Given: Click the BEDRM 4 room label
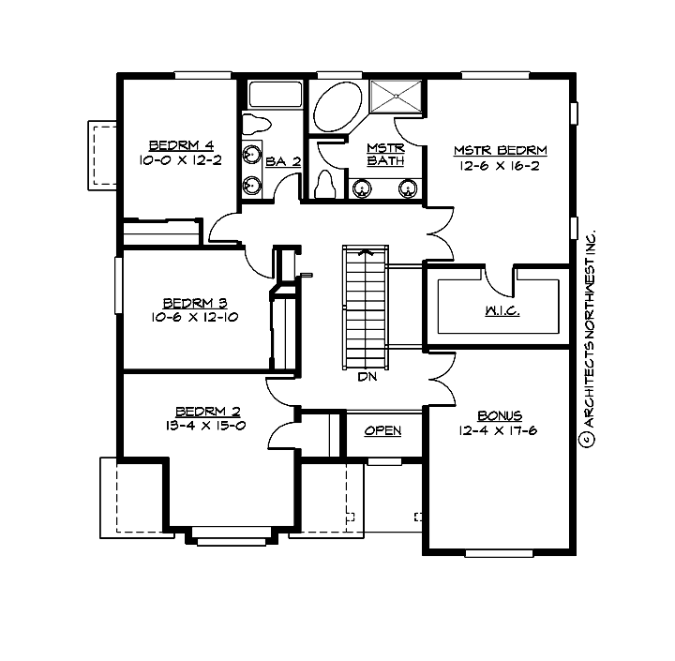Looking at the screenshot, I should point(182,145).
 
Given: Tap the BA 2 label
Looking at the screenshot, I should point(283,161).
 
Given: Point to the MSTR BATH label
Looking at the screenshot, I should point(385,154).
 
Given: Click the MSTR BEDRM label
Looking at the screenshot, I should point(501,150).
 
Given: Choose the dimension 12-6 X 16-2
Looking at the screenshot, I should point(501,166).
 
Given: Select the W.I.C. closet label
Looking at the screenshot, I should point(502,310).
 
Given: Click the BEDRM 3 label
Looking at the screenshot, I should point(195,303).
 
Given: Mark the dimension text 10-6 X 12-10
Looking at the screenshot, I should point(195,318).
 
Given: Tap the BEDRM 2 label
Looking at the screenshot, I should point(208,411).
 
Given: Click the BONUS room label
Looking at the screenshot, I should point(500,415).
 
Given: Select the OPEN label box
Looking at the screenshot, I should point(382,430).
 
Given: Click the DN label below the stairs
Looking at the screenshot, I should point(367,379).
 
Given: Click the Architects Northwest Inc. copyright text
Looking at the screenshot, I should point(589,338).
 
